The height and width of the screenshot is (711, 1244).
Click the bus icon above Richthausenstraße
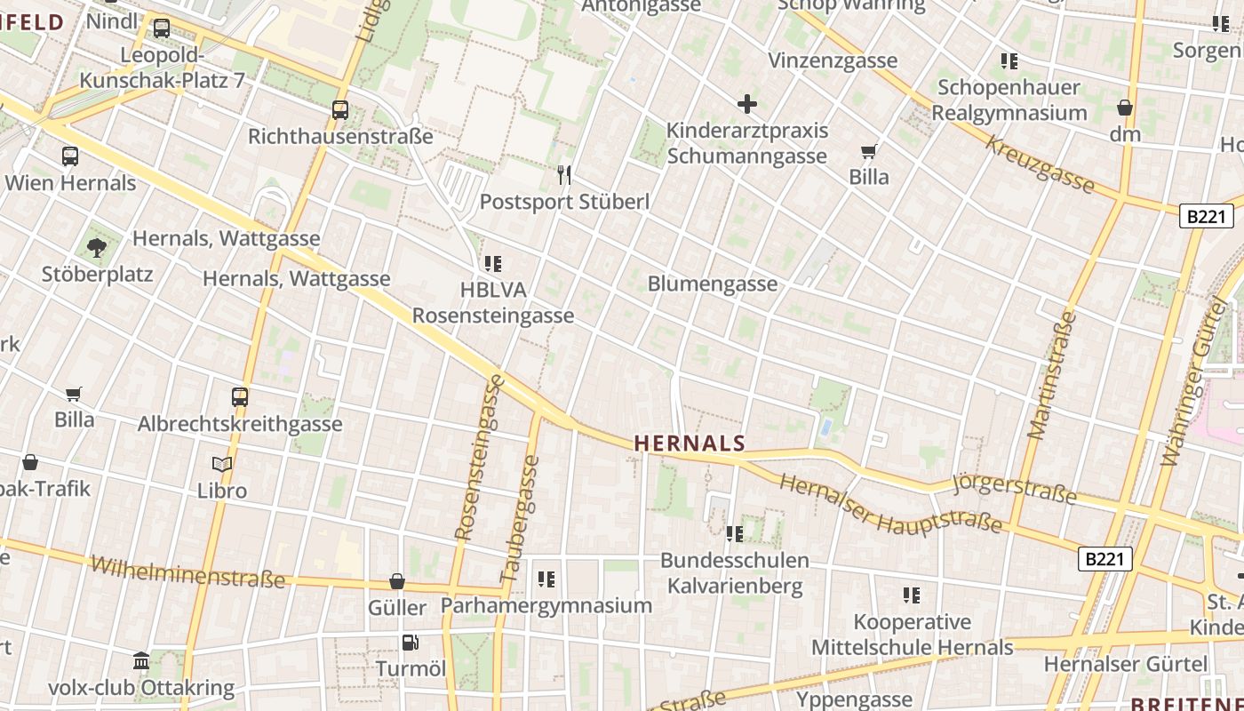coord(340,110)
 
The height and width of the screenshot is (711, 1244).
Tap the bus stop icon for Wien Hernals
coord(70,156)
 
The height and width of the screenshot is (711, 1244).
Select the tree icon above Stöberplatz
coord(97,248)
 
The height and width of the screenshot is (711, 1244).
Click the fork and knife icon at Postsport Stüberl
coord(563,174)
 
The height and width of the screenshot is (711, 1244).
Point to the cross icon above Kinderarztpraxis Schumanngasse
coord(747,104)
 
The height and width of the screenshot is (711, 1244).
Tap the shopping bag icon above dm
coord(1125,108)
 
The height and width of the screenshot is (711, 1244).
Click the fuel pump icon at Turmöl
coord(410,643)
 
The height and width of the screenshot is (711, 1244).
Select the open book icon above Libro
coord(222,464)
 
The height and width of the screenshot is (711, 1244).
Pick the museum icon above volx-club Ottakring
coord(141,661)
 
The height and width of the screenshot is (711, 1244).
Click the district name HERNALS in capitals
coord(690,443)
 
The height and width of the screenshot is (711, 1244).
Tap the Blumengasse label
coord(713,284)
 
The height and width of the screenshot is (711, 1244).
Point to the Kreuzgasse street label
coord(1040,164)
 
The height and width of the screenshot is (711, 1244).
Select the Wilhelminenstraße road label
coord(188,573)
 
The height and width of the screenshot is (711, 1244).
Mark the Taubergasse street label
coord(522,519)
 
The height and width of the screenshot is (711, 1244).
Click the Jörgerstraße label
coord(1014,488)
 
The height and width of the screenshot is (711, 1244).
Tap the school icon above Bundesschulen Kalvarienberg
coord(735,533)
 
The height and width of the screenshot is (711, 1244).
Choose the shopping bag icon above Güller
coord(397,581)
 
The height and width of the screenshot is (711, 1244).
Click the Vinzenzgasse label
coord(833,61)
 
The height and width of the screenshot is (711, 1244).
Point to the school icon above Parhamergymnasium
coord(546,579)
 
